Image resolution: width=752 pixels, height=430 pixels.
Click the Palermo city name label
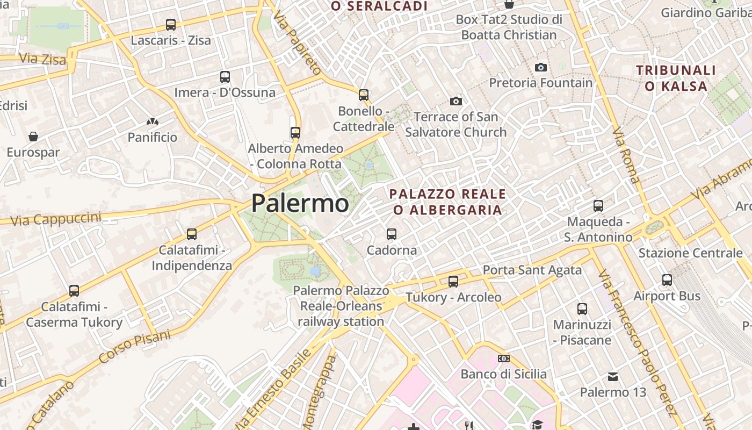tap(300, 204)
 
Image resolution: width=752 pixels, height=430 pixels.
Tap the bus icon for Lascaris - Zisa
tap(171, 25)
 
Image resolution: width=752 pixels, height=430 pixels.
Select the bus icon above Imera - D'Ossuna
tap(225, 77)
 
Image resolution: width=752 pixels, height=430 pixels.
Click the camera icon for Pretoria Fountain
tap(541, 67)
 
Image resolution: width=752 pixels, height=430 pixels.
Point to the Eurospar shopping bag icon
tap(33, 137)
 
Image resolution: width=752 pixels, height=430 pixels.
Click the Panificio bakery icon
tap(153, 122)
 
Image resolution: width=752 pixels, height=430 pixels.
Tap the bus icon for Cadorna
tap(392, 234)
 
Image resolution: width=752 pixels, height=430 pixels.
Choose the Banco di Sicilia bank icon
tap(504, 359)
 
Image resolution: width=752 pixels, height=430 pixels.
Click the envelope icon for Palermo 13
tap(613, 377)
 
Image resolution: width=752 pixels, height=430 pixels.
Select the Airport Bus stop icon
tap(667, 280)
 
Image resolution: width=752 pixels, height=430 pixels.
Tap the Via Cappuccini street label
tap(56, 219)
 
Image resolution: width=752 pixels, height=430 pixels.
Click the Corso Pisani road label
tap(135, 346)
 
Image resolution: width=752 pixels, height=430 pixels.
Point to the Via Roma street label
tap(626, 155)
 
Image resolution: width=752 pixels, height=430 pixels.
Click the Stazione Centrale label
tap(690, 253)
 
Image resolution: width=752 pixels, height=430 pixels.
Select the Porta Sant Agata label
tap(532, 270)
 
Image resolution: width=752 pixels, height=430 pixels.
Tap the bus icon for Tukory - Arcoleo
tap(453, 282)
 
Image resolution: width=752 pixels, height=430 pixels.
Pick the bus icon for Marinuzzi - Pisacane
tap(582, 309)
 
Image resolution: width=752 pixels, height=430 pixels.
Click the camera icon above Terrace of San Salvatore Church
tap(456, 101)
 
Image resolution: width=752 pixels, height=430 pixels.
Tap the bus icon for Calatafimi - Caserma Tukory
tap(74, 291)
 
